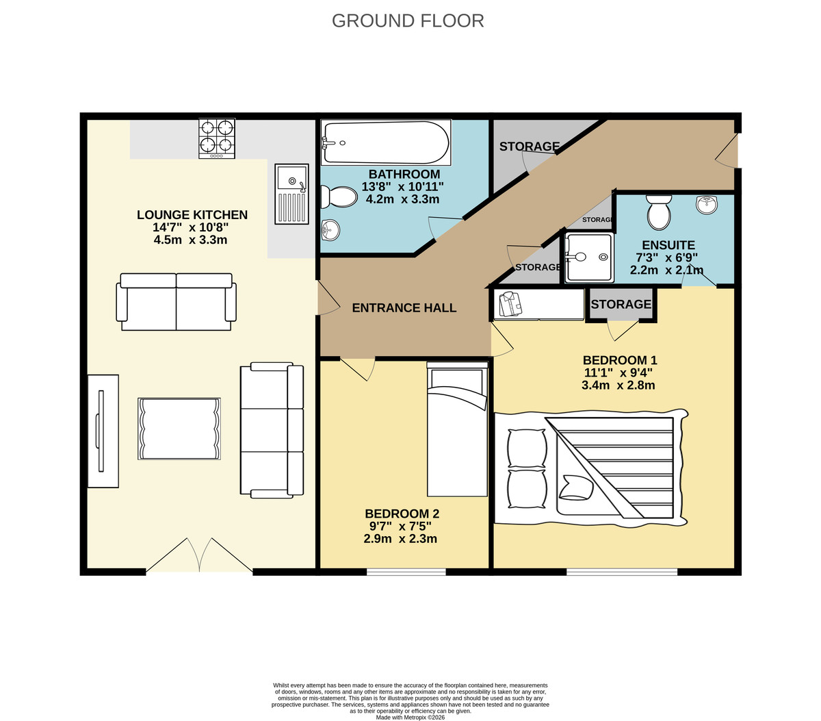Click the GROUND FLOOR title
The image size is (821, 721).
point(408,21)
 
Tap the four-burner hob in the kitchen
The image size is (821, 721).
point(217,138)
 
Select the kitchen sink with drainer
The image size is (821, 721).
point(292,194)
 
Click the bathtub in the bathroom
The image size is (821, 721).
point(387,142)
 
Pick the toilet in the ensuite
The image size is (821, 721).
point(660,212)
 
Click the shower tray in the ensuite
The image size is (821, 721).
point(588,257)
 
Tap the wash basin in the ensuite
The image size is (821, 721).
point(707,204)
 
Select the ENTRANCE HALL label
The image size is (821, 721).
point(404,308)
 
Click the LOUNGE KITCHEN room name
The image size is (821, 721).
point(192,215)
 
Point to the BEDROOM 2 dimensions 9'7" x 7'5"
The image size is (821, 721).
point(400,527)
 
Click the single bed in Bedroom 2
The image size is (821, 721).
point(457,429)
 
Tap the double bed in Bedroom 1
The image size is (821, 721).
point(590,468)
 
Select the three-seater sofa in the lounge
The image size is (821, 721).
point(272,429)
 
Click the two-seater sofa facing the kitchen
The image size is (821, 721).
point(177,302)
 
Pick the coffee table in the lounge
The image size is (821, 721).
point(179,428)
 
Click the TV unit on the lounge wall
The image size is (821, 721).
point(103,431)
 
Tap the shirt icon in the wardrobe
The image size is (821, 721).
point(510,304)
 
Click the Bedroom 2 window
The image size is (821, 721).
point(406,572)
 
